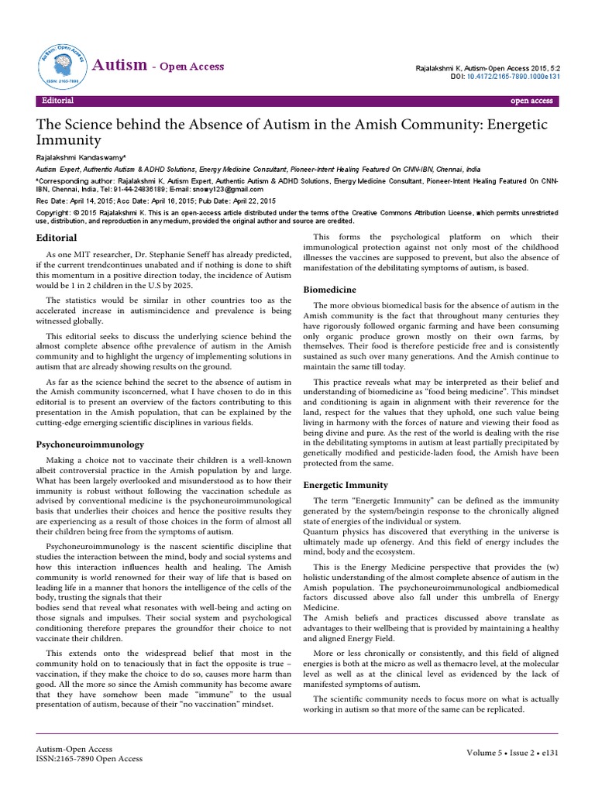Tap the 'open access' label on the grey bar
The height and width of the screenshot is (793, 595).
pyautogui.click(x=531, y=101)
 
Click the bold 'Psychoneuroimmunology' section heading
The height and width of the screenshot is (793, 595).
pyautogui.click(x=91, y=445)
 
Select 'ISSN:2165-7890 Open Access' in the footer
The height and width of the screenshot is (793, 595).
pyautogui.click(x=89, y=759)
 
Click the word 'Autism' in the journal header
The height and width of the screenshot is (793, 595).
pyautogui.click(x=119, y=66)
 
